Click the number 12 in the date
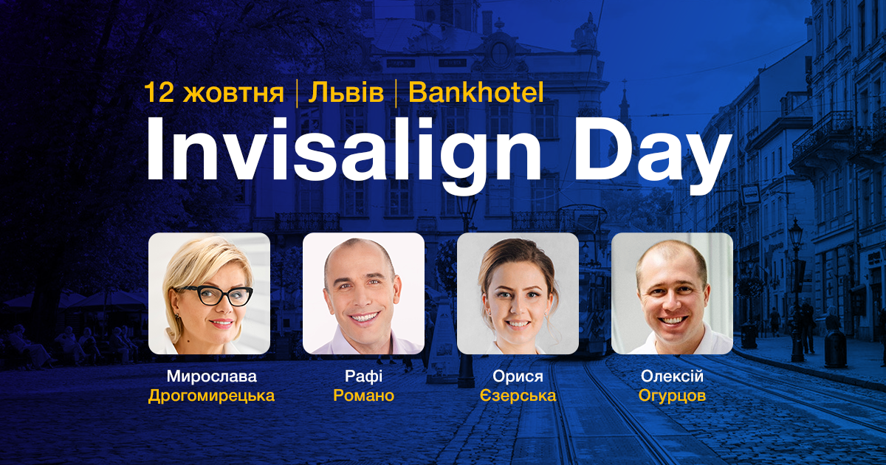point(159,93)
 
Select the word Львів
point(346,93)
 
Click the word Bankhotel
point(475,93)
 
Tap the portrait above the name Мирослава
point(209,293)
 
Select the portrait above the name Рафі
point(363,293)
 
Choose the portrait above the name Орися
point(518,293)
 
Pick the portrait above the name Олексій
point(672,293)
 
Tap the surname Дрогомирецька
point(211,396)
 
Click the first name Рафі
point(363,377)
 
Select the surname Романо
point(363,396)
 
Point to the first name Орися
point(517,377)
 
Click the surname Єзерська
point(517,396)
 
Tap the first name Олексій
point(672,377)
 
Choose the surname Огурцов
point(672,396)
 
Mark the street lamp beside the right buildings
point(795,244)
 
